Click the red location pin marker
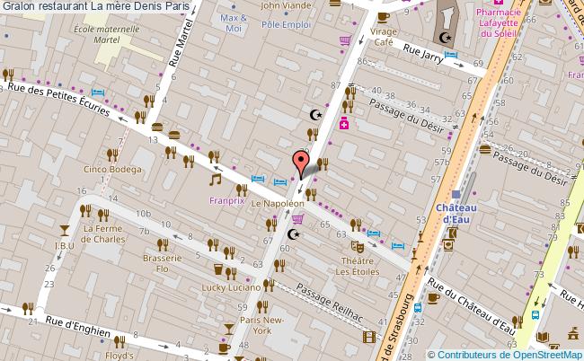coord(299,163)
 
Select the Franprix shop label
coord(226,202)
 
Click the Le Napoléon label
coord(276,205)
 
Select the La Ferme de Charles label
coord(103,233)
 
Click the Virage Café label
coord(384,37)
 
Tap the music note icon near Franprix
coord(215,180)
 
